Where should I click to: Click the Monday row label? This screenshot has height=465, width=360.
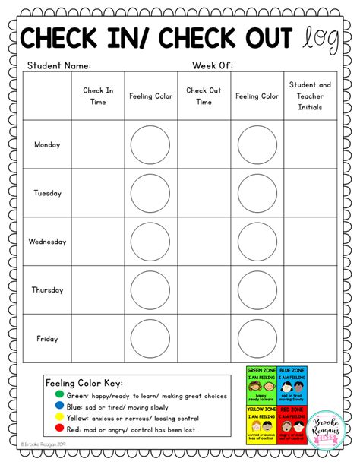pyautogui.click(x=47, y=144)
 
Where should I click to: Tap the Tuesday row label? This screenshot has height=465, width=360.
pyautogui.click(x=47, y=193)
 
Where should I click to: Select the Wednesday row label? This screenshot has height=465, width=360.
pyautogui.click(x=47, y=242)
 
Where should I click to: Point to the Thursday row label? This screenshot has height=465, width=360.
pyautogui.click(x=47, y=289)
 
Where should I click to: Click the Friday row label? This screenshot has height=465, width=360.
pyautogui.click(x=47, y=338)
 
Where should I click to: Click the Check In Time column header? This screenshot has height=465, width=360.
pyautogui.click(x=98, y=96)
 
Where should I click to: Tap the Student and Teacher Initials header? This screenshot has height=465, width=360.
pyautogui.click(x=310, y=96)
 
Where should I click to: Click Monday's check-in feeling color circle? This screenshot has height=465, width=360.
pyautogui.click(x=150, y=145)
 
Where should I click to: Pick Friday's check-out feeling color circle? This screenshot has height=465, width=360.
pyautogui.click(x=257, y=338)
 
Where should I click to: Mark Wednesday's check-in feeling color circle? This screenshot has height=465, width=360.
pyautogui.click(x=150, y=242)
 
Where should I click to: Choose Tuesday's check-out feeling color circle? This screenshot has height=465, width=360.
pyautogui.click(x=257, y=193)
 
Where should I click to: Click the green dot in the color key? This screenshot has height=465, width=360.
pyautogui.click(x=51, y=394)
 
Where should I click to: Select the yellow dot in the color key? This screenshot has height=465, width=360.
pyautogui.click(x=51, y=417)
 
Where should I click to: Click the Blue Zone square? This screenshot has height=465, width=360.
pyautogui.click(x=292, y=385)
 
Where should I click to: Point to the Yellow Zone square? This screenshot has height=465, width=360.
pyautogui.click(x=261, y=423)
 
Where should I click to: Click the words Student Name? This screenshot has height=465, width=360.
pyautogui.click(x=59, y=66)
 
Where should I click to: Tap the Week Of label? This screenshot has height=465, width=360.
pyautogui.click(x=213, y=66)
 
